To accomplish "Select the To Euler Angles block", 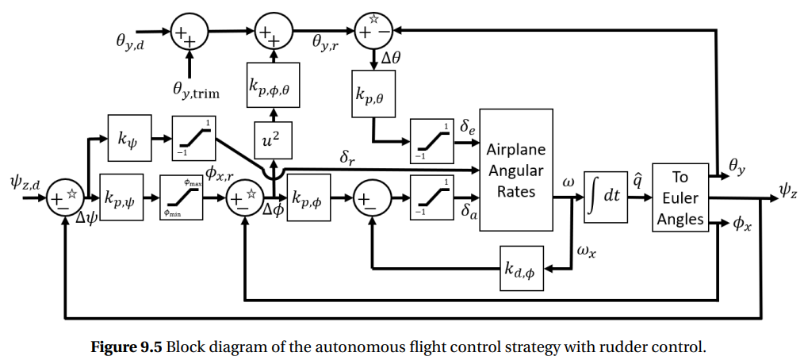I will tap(680, 197).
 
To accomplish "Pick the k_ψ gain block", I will tap(127, 138).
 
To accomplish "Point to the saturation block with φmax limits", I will tap(182, 197).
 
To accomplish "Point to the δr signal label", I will tap(347, 159).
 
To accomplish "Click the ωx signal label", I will tap(586, 251).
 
